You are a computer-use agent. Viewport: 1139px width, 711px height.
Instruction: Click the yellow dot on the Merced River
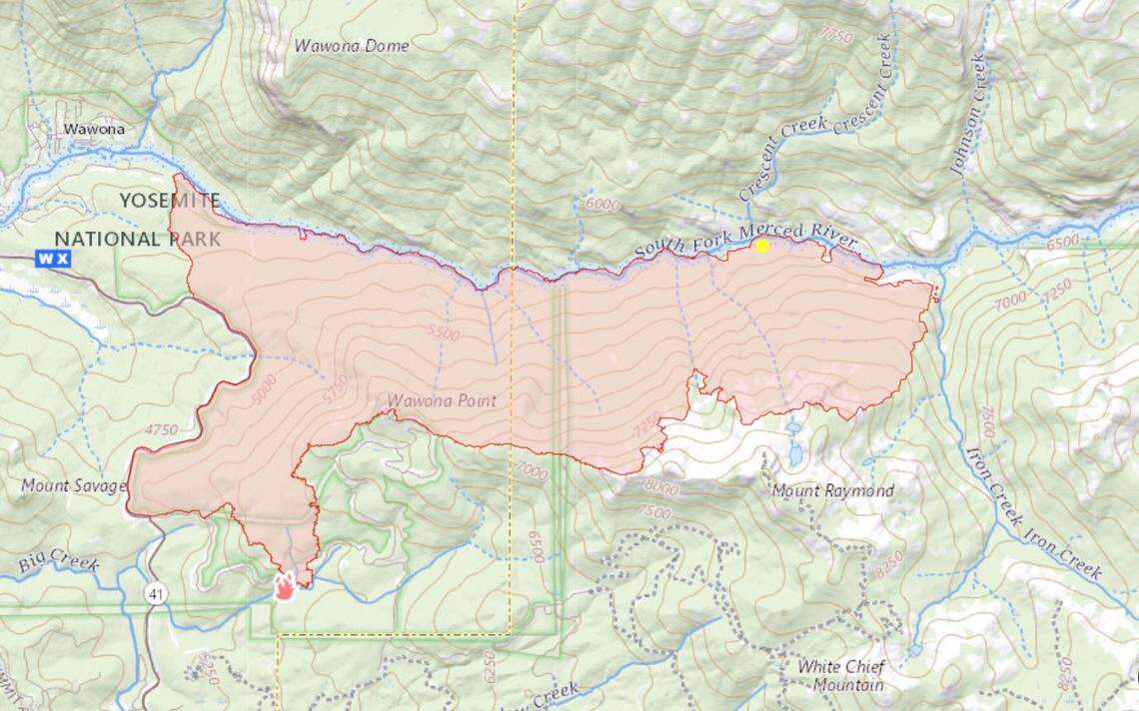pyautogui.click(x=762, y=246)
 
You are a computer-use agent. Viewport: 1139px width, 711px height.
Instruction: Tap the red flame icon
pyautogui.click(x=286, y=585)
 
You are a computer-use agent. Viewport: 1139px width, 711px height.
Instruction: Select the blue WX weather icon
pyautogui.click(x=53, y=259)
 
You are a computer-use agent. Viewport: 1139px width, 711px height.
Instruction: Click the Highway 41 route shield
pyautogui.click(x=161, y=594)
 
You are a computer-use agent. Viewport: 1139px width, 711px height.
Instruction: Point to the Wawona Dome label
pyautogui.click(x=352, y=46)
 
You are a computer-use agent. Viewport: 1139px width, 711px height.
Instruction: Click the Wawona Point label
pyautogui.click(x=442, y=401)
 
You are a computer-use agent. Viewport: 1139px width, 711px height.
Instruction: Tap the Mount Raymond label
pyautogui.click(x=832, y=491)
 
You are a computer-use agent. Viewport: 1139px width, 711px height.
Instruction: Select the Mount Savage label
pyautogui.click(x=74, y=486)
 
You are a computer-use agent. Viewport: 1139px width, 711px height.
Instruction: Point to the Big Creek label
pyautogui.click(x=59, y=564)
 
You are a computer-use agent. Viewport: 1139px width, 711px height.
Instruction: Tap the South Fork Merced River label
pyautogui.click(x=745, y=240)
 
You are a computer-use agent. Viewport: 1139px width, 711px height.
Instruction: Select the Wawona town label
pyautogui.click(x=94, y=129)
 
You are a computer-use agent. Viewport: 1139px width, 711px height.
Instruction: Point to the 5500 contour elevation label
pyautogui.click(x=442, y=334)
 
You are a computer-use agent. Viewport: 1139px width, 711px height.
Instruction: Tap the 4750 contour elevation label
pyautogui.click(x=160, y=430)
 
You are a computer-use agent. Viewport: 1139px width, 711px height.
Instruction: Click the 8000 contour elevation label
pyautogui.click(x=660, y=488)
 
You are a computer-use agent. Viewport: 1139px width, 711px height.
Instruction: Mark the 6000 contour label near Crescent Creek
pyautogui.click(x=602, y=205)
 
